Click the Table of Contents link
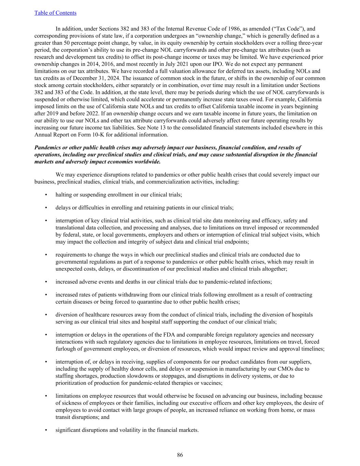point(55,13)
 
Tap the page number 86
point(180,455)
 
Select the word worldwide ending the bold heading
point(148,161)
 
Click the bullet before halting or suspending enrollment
point(46,195)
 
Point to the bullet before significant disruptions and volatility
point(46,430)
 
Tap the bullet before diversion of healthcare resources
point(46,315)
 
